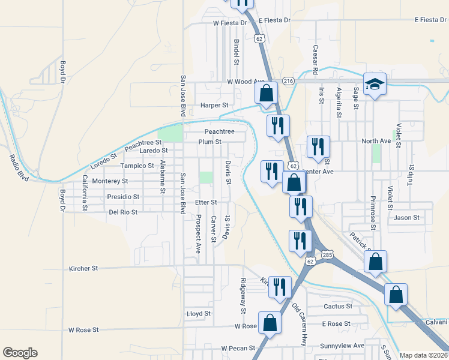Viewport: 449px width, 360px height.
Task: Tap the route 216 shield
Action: [288, 81]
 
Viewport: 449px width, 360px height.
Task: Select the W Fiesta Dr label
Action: [230, 23]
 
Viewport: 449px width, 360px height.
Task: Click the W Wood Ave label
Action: [246, 82]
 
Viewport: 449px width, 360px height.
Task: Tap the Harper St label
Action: [215, 105]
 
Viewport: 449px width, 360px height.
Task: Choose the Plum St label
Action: [210, 142]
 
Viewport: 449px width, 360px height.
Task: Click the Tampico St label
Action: [137, 166]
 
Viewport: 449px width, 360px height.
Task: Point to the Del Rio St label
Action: [123, 212]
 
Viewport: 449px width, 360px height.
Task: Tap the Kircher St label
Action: [83, 269]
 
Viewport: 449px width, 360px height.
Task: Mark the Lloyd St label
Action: [199, 313]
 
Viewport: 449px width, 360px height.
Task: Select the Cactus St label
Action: [338, 306]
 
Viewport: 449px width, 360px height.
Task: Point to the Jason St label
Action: [406, 218]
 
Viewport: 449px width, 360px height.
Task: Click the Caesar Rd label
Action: [315, 60]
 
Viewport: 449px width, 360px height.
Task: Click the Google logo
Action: [20, 353]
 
